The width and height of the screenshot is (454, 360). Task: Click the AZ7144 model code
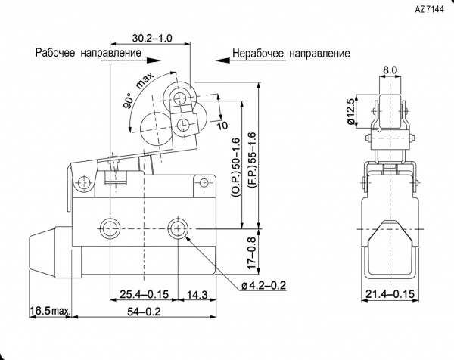point(429,10)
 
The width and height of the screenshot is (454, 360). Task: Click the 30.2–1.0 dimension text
point(152,38)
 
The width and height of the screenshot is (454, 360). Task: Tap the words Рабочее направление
point(89,53)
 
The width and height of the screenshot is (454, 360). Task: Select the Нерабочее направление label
point(291,54)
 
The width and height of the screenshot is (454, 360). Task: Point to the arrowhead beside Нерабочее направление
point(222,61)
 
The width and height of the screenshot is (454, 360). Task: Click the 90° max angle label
point(138,91)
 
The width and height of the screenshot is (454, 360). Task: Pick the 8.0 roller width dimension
point(390,70)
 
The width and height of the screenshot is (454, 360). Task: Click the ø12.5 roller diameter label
point(351,112)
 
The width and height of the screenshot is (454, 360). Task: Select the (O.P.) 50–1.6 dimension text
point(235,167)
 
